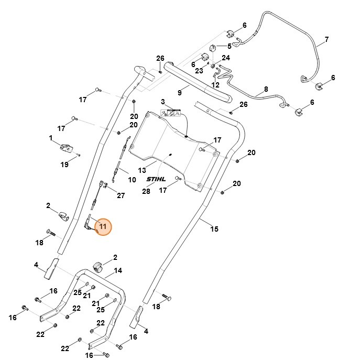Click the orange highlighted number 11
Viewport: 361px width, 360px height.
(103, 226)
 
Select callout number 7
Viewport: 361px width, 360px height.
(326, 39)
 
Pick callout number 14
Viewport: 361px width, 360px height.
(118, 270)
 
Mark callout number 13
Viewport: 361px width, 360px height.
(142, 170)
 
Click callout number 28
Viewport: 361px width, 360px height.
(146, 191)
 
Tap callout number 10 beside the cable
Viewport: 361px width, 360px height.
(132, 180)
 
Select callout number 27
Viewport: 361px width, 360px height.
(121, 195)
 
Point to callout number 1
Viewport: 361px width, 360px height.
(51, 138)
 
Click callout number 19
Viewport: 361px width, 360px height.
(64, 165)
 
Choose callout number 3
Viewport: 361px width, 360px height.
(163, 101)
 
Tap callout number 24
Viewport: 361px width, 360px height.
(226, 58)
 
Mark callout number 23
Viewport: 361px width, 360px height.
(199, 71)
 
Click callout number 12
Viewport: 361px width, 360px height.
(215, 84)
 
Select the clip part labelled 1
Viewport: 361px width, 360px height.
(65, 147)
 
